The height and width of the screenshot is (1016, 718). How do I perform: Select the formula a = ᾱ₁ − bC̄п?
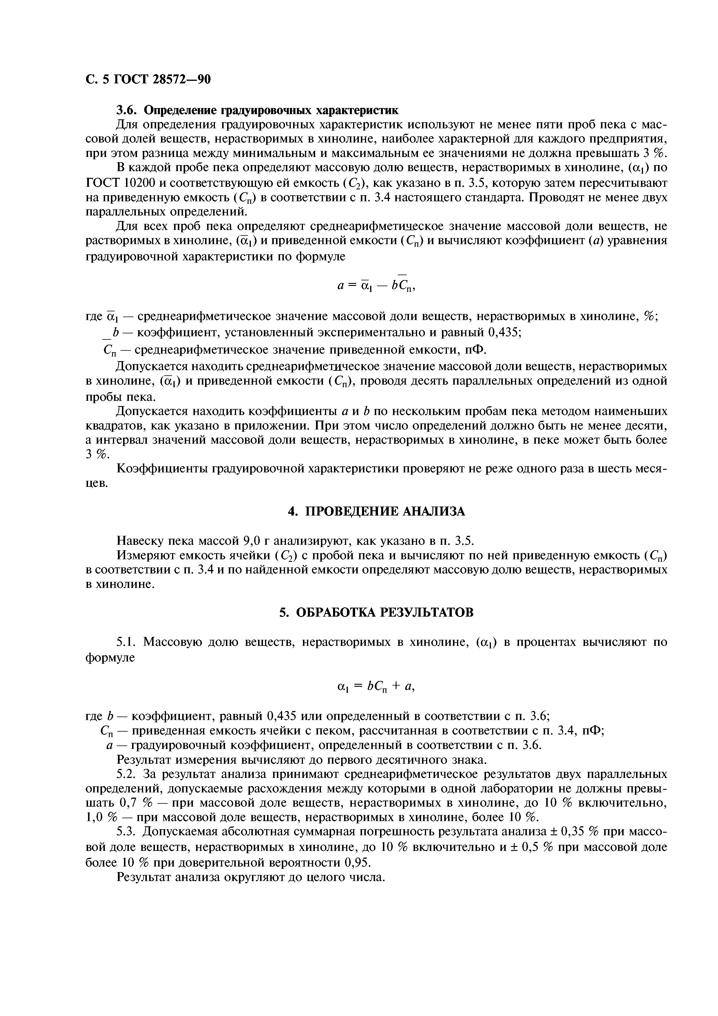coord(376,286)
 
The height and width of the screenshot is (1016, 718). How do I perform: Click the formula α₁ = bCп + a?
coord(376,686)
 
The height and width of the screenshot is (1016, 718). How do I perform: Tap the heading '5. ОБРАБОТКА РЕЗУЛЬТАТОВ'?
coord(377,613)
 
